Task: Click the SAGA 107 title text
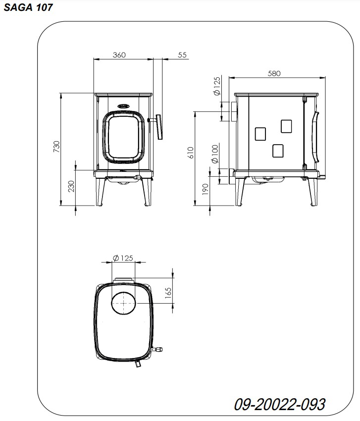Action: click(x=28, y=7)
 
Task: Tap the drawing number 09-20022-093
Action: click(x=279, y=404)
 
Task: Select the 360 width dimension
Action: click(x=119, y=55)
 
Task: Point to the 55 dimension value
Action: click(x=182, y=55)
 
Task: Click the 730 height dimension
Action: click(x=56, y=147)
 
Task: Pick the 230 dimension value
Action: click(x=71, y=186)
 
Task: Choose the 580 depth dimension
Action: click(x=274, y=74)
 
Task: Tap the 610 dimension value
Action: click(x=190, y=153)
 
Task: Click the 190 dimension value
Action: click(x=205, y=189)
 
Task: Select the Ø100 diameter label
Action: click(x=215, y=154)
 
